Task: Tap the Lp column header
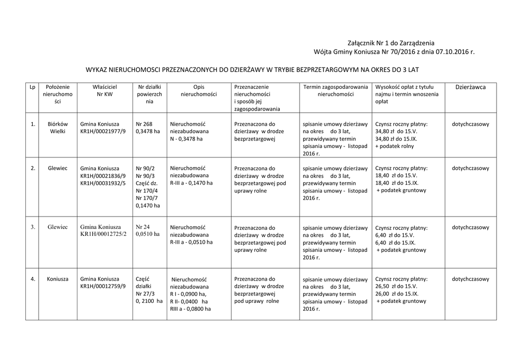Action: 32,87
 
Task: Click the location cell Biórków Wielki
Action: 58,128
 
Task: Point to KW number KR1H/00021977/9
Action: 103,132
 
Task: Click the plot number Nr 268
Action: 144,124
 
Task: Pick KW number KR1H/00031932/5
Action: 103,183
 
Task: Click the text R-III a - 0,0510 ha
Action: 191,242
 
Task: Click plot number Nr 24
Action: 142,227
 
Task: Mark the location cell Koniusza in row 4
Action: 58,279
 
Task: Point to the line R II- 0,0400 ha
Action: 189,301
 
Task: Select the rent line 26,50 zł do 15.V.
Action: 396,287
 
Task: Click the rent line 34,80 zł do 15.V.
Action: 396,132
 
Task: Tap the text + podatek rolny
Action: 394,146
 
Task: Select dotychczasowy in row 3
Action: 470,227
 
